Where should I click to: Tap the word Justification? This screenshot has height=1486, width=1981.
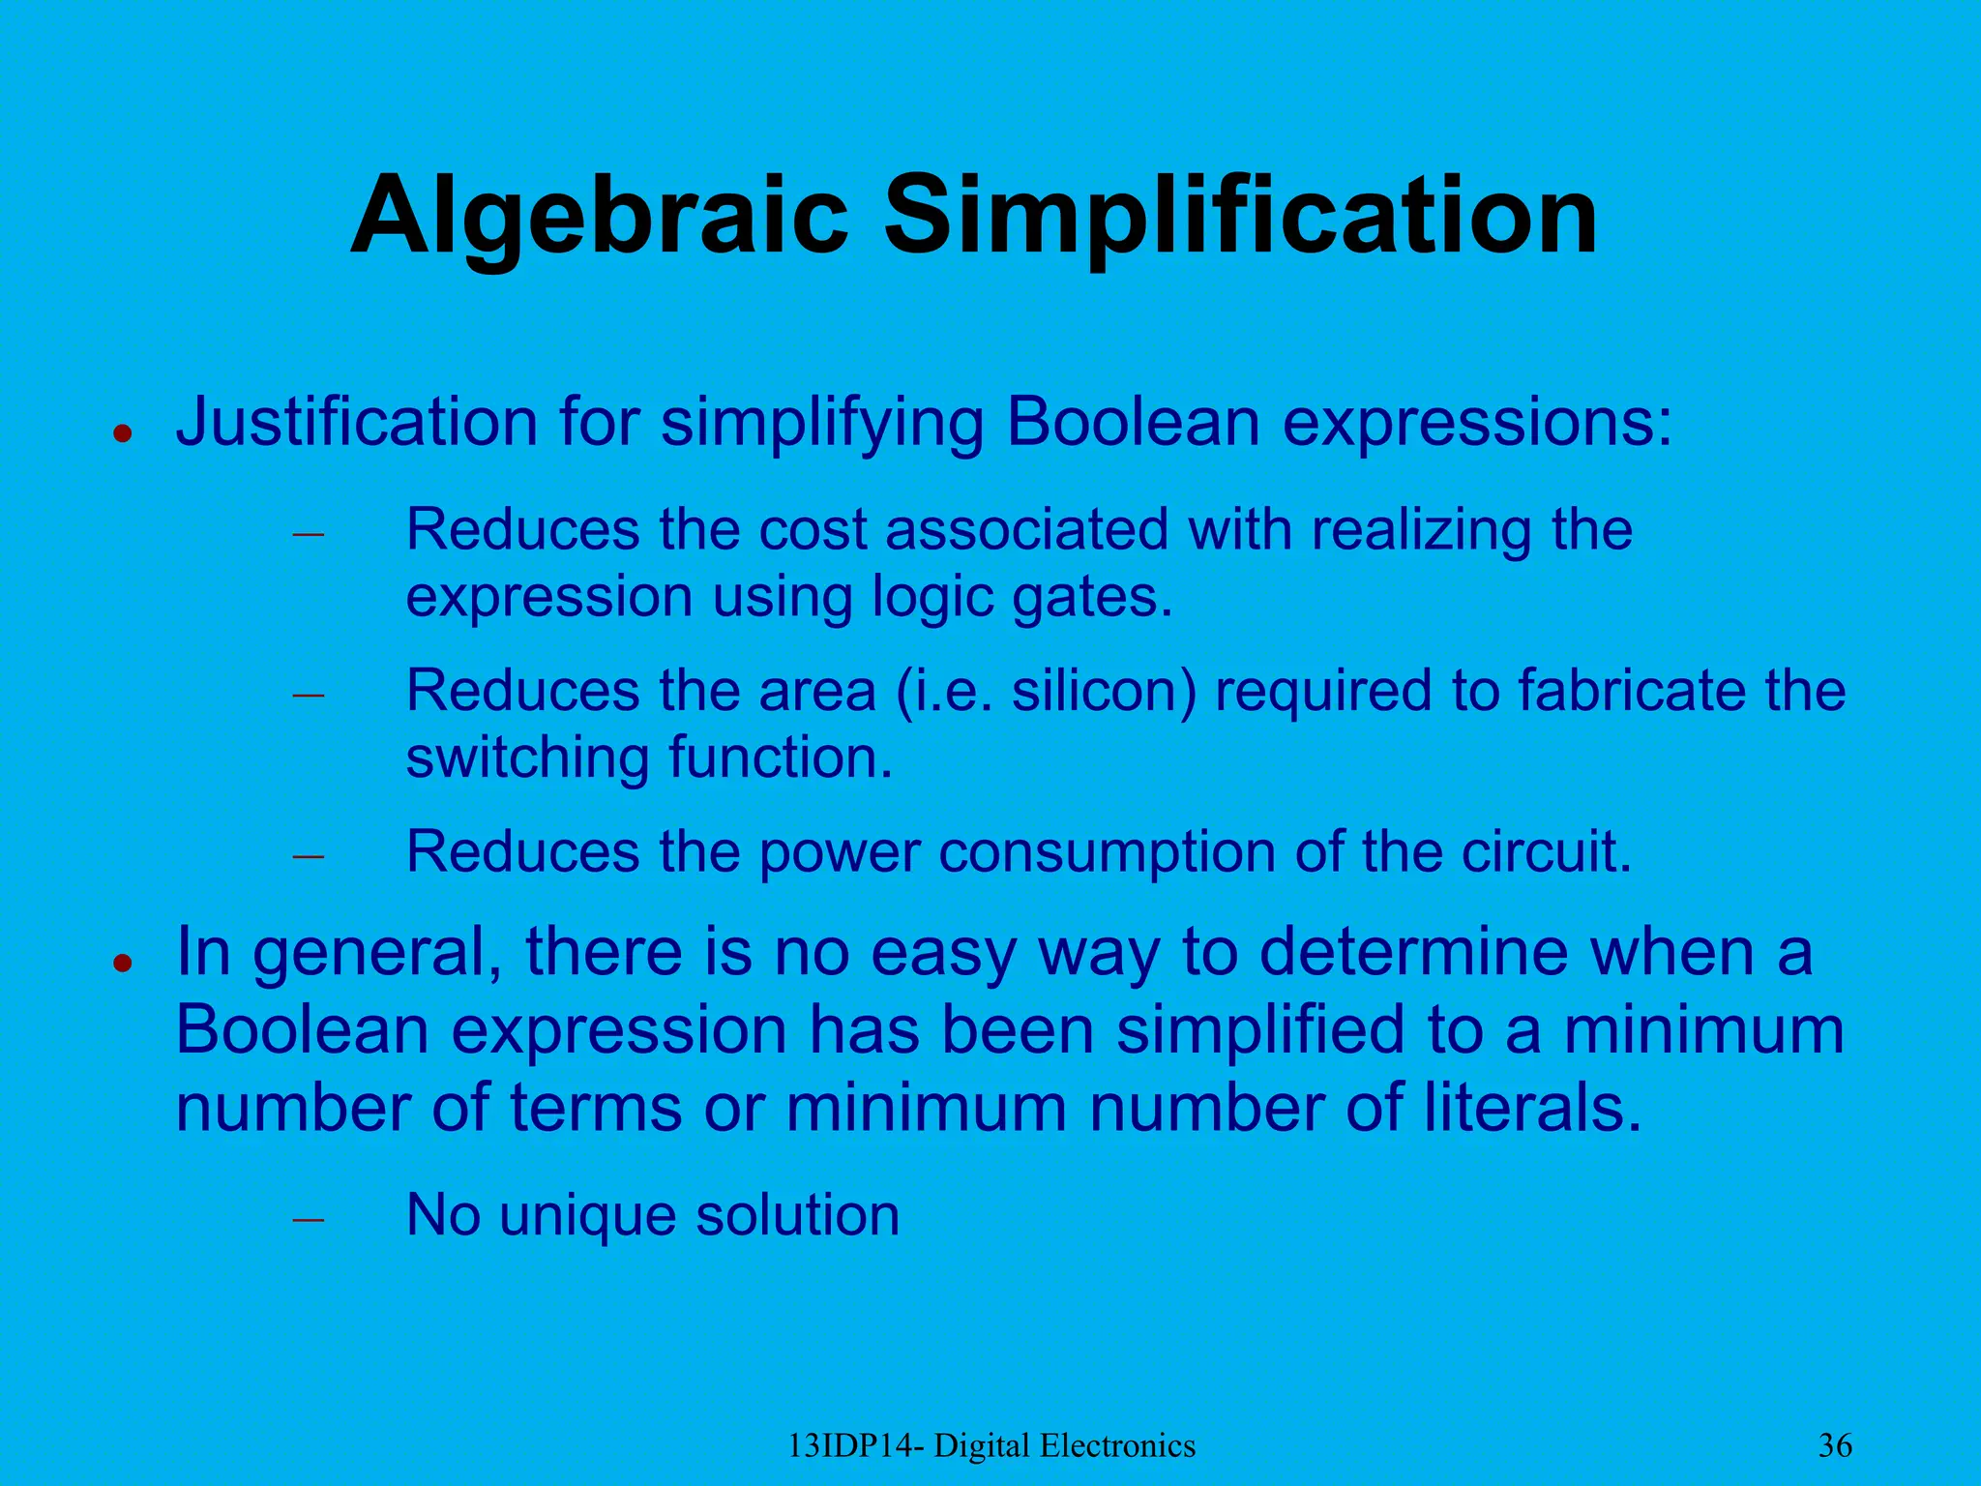[356, 423]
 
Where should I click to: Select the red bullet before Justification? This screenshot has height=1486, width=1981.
[122, 432]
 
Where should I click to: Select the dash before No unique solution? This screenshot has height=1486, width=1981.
[308, 1219]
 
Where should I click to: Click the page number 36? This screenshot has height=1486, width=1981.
[1835, 1445]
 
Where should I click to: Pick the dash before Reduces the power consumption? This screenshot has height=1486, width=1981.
[308, 856]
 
